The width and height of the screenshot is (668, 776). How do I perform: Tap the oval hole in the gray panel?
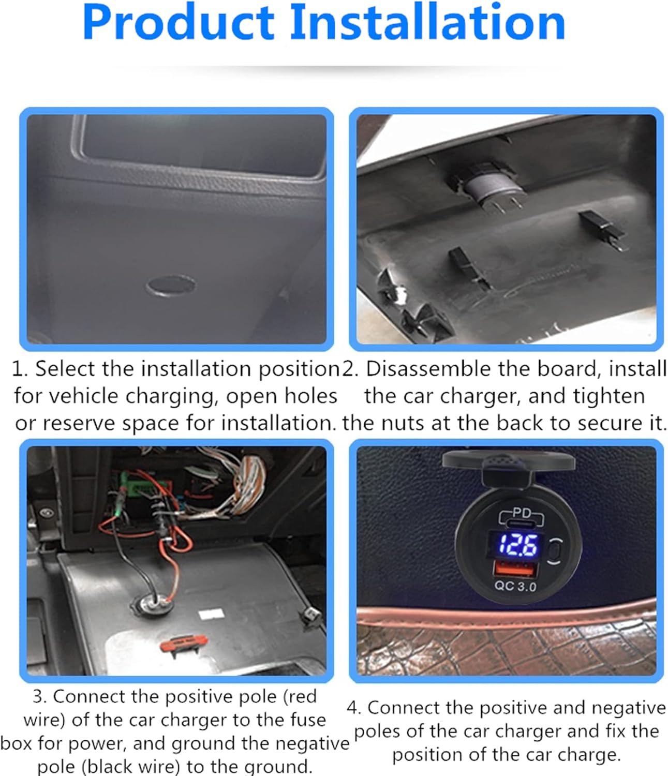[x=171, y=286]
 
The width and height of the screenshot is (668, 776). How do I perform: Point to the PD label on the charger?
[x=522, y=513]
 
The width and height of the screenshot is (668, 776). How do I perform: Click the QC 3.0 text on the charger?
[x=515, y=586]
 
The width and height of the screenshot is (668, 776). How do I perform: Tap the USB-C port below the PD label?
[x=521, y=523]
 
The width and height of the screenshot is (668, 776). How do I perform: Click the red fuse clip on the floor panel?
[x=184, y=645]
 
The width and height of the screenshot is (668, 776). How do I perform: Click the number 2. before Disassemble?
[x=350, y=369]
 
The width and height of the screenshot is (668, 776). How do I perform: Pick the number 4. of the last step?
[x=354, y=708]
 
